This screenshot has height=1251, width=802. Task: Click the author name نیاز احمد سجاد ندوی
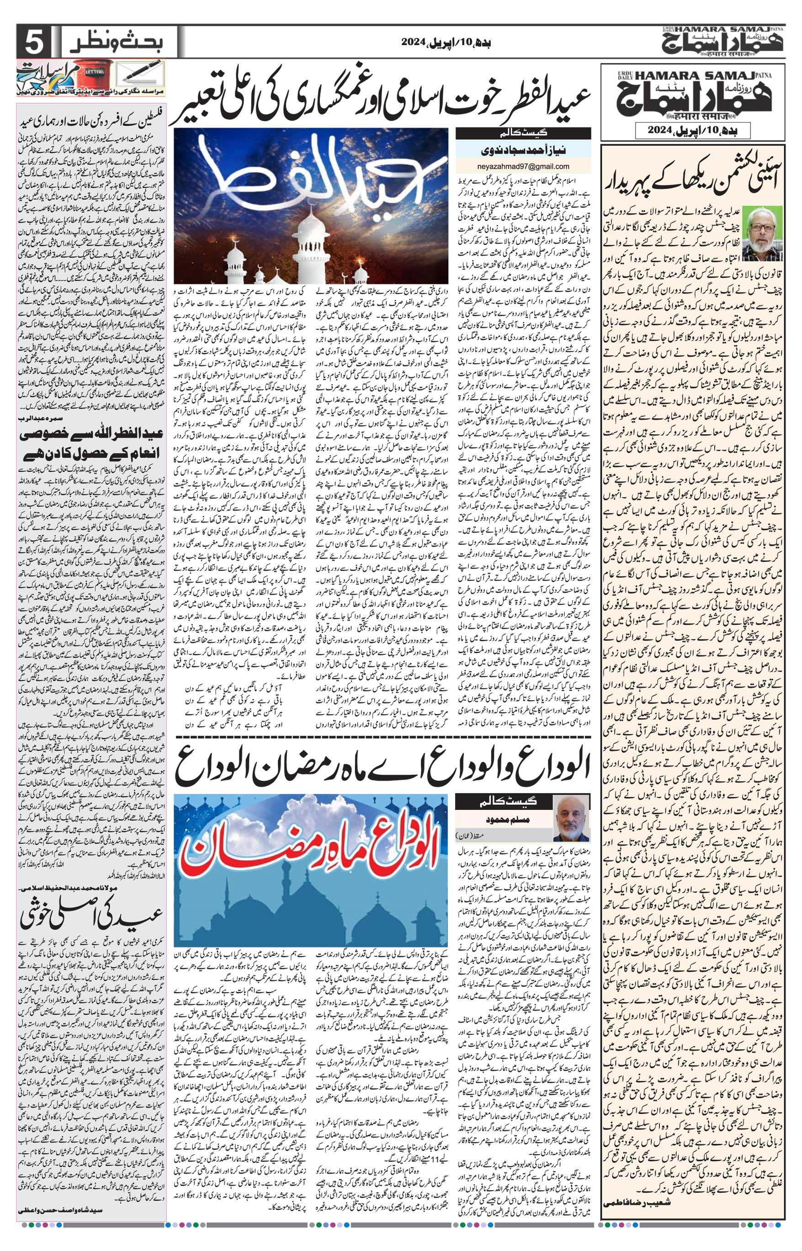click(x=524, y=150)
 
